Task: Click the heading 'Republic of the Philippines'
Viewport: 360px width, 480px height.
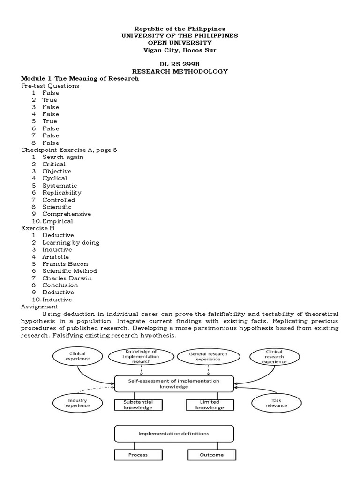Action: point(180,29)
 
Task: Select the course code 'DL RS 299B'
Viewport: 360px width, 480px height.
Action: point(180,64)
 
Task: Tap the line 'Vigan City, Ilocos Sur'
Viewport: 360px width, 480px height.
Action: point(180,50)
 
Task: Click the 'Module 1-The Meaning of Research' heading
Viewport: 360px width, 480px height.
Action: point(80,79)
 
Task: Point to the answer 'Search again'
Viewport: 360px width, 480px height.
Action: point(63,157)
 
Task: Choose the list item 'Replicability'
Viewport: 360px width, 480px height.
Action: point(62,193)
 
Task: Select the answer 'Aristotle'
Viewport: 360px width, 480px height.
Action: point(56,257)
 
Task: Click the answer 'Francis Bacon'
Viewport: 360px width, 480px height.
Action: point(65,264)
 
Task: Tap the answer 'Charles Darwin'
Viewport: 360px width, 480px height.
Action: point(67,278)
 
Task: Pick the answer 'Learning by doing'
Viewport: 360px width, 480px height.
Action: point(71,243)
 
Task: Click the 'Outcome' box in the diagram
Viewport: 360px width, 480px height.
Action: point(211,455)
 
